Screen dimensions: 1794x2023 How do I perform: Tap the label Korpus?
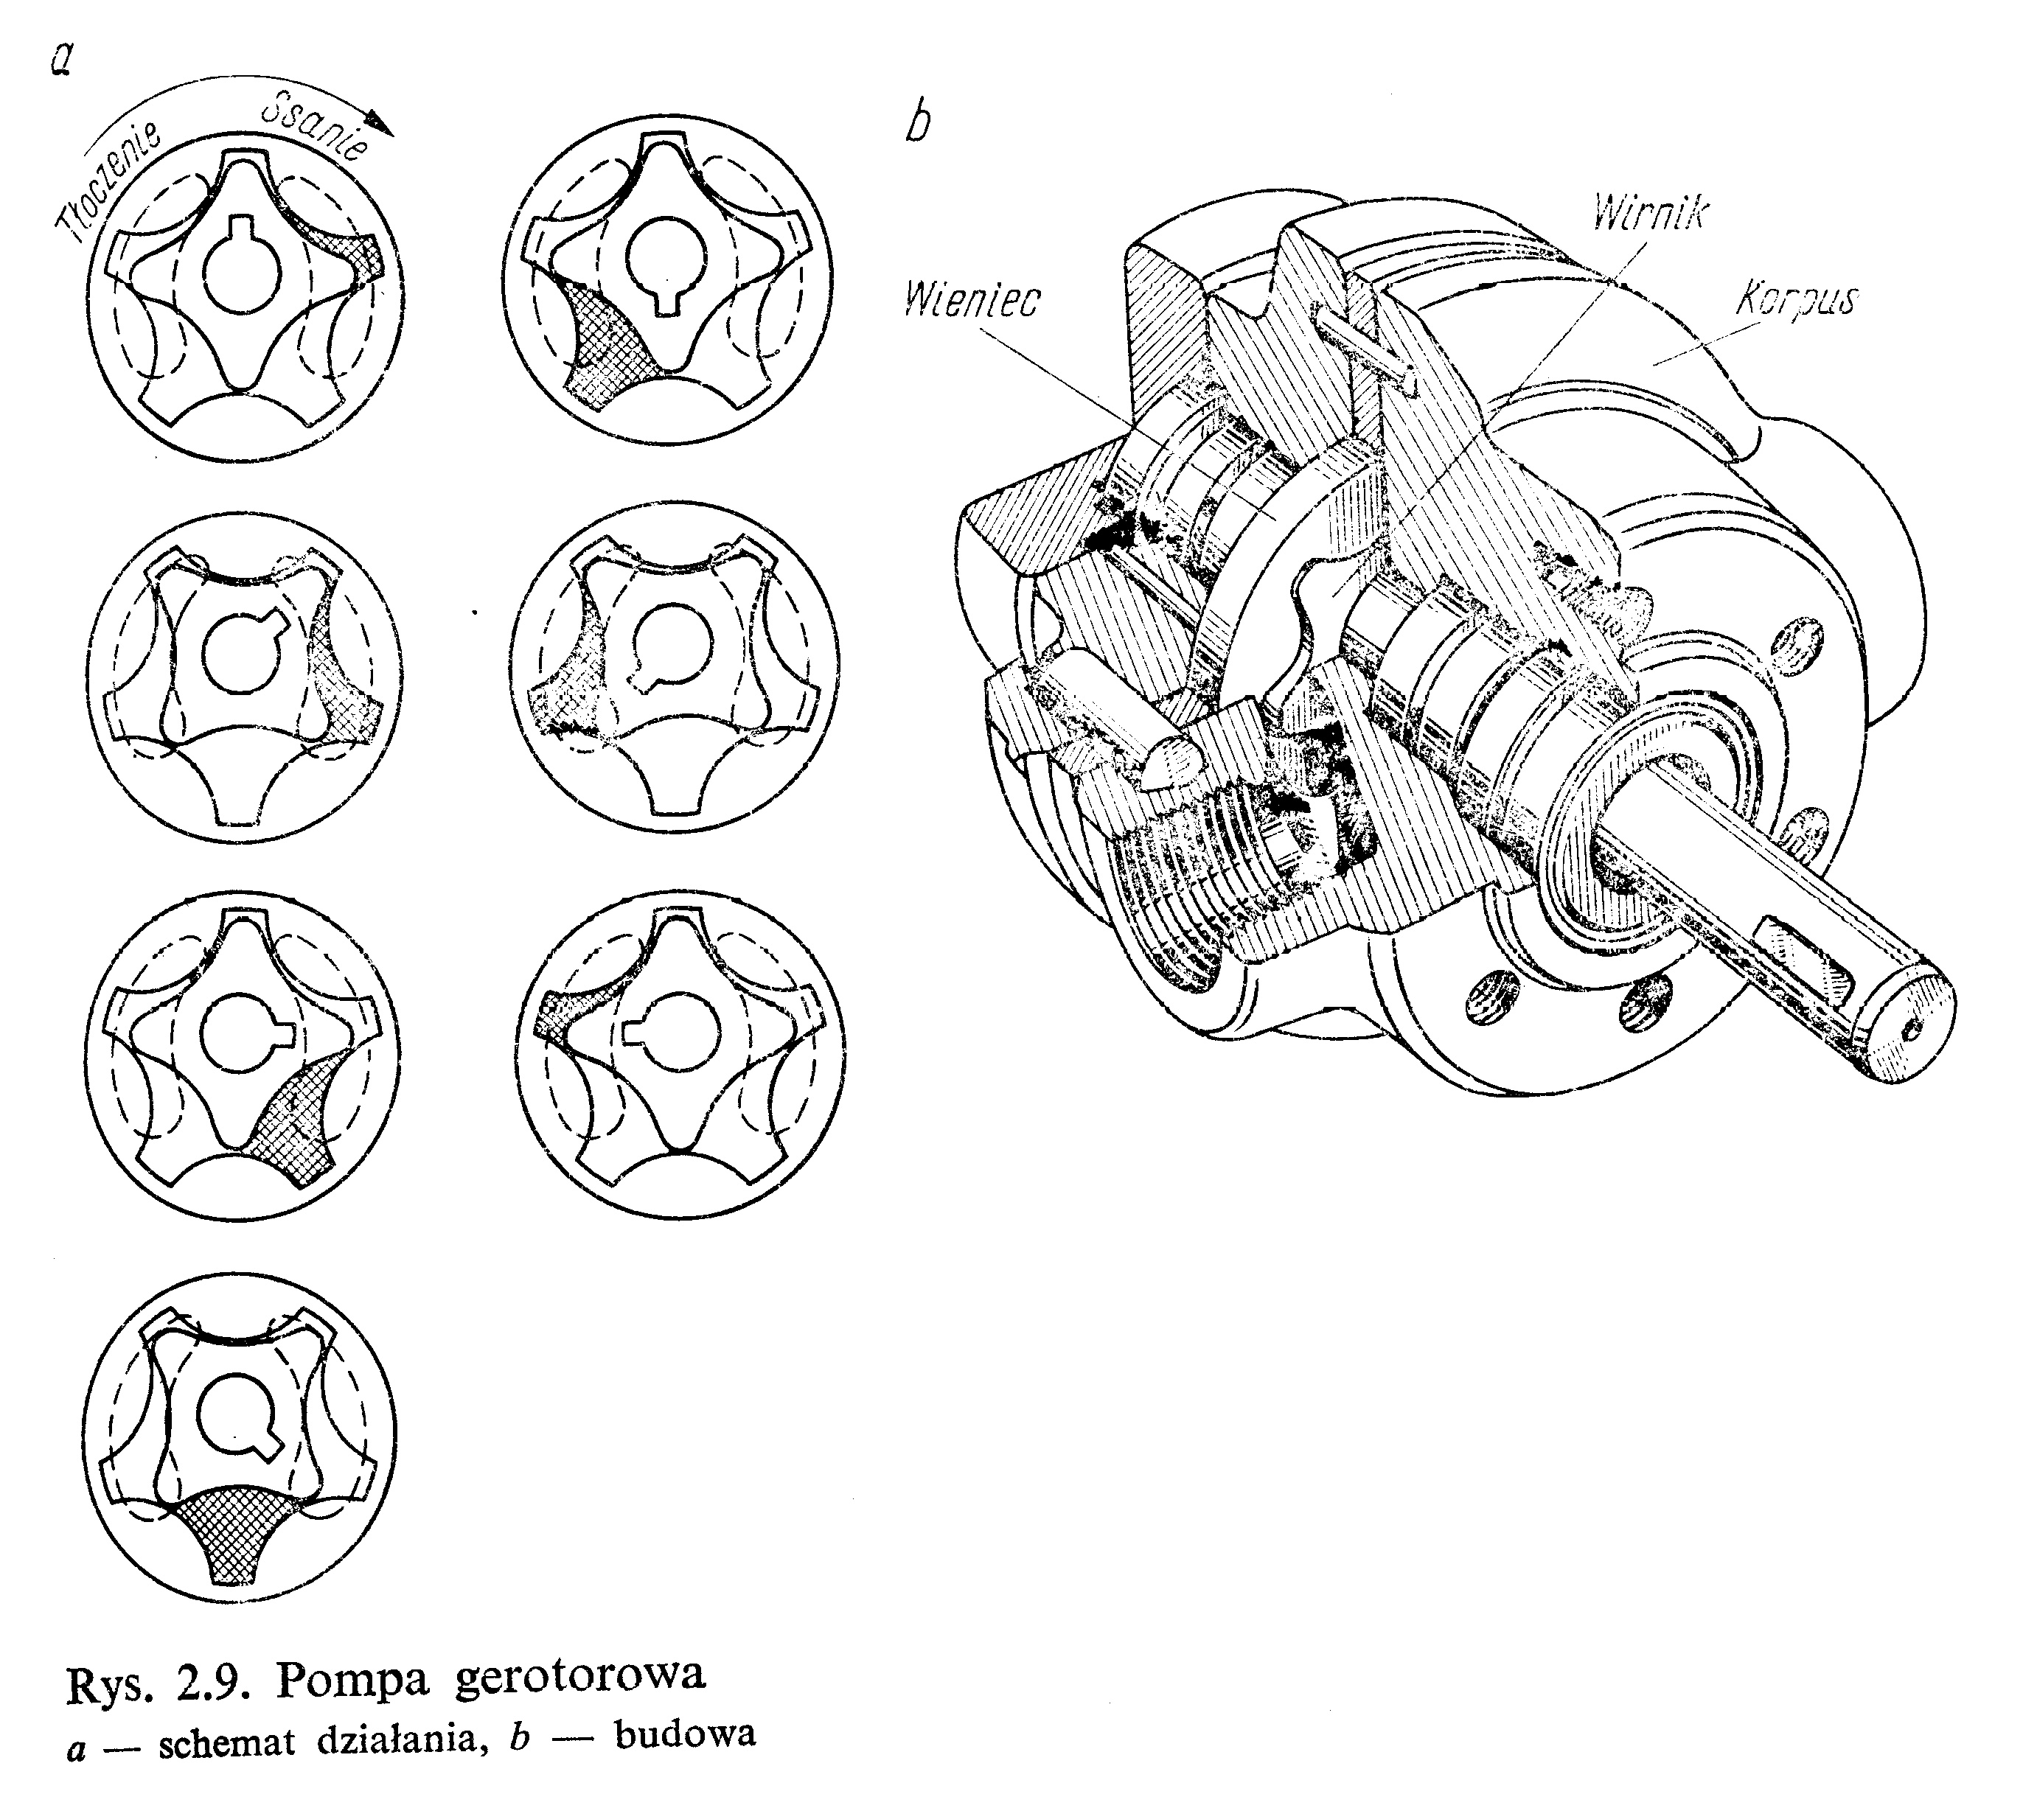click(x=1797, y=298)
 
